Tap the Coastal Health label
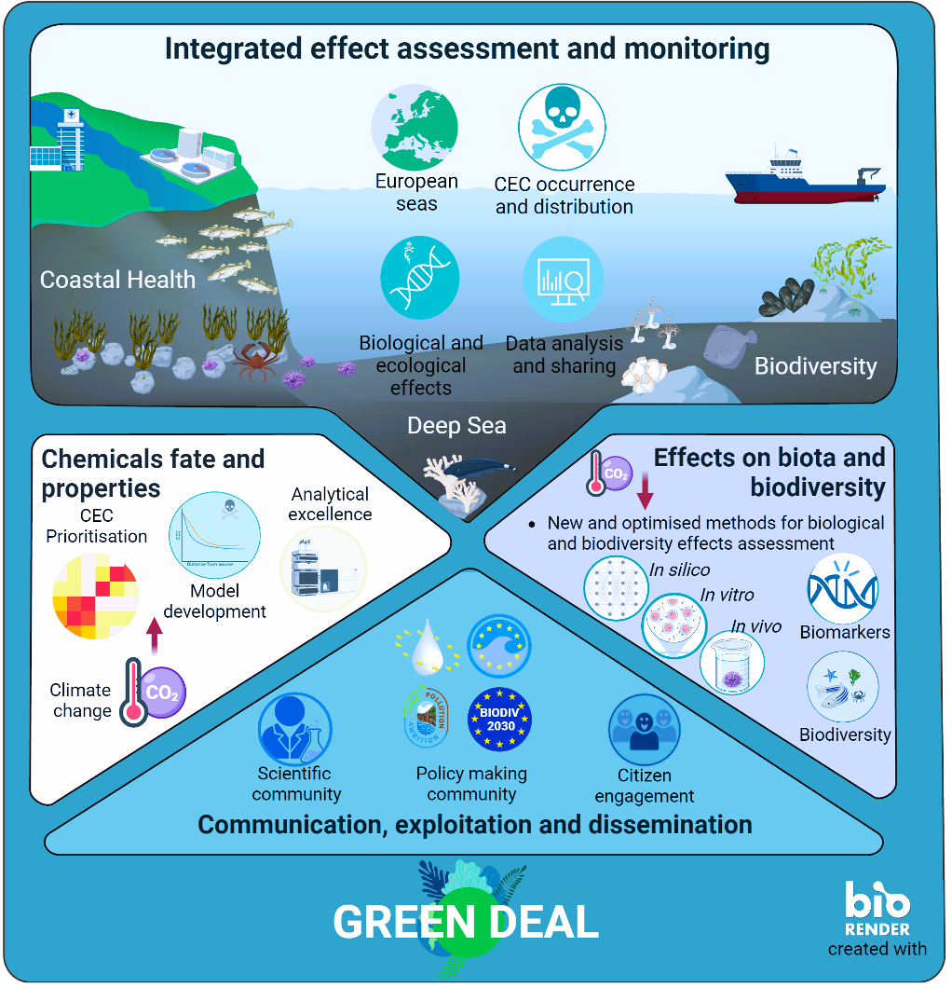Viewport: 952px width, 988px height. point(117,280)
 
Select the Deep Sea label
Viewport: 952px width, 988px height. point(456,426)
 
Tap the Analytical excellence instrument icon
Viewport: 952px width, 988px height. point(323,569)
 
